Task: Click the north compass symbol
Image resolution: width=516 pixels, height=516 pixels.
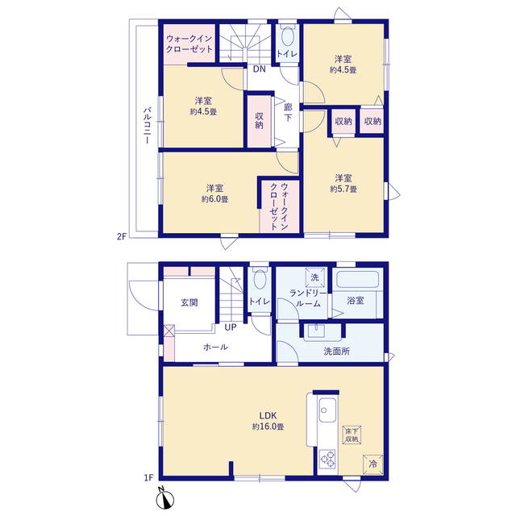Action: click(x=165, y=499)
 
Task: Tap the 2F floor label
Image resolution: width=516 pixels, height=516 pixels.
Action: click(x=122, y=236)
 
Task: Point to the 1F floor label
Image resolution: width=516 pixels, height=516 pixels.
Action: click(x=148, y=477)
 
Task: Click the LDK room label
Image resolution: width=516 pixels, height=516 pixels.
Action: click(x=268, y=415)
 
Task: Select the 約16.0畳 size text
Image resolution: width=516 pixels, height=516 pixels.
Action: click(x=268, y=427)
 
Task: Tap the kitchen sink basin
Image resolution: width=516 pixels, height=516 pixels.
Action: click(x=327, y=410)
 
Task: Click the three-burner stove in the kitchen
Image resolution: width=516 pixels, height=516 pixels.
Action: click(x=327, y=459)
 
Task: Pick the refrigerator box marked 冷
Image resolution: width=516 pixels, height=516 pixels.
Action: click(x=372, y=464)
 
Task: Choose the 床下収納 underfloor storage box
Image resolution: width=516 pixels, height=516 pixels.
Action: click(x=352, y=435)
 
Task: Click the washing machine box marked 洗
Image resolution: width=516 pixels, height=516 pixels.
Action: click(x=315, y=277)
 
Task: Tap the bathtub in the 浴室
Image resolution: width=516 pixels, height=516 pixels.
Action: click(x=357, y=280)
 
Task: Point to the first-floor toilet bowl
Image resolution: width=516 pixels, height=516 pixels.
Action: click(x=260, y=280)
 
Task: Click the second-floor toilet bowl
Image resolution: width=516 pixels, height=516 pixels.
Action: click(x=288, y=36)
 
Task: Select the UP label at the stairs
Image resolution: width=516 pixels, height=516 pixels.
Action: click(x=231, y=327)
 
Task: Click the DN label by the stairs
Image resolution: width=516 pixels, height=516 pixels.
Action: click(x=260, y=69)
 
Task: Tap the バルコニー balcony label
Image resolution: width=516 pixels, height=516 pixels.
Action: click(x=147, y=125)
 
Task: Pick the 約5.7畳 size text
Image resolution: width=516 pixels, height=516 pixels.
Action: click(x=343, y=189)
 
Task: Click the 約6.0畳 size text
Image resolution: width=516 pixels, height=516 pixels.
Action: click(x=215, y=199)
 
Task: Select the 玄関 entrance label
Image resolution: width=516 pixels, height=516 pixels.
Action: click(x=189, y=303)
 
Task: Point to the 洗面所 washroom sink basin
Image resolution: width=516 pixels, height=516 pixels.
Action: click(x=316, y=331)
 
